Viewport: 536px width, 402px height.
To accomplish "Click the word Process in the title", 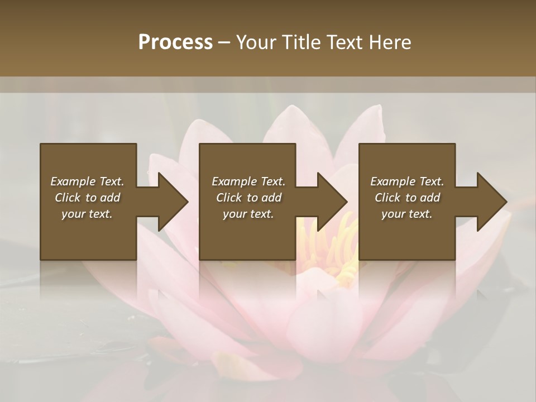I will (175, 42).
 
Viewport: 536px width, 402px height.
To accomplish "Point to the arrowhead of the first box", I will (172, 202).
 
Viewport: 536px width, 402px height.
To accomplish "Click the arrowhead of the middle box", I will (331, 202).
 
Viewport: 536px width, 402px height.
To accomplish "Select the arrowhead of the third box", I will (491, 202).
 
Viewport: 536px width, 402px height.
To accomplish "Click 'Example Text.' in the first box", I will (87, 181).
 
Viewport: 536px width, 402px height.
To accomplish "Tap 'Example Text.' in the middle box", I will (248, 181).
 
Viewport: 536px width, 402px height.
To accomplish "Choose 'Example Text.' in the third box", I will (407, 181).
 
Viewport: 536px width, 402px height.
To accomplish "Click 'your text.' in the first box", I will (87, 214).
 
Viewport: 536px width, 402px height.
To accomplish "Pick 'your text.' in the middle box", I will (248, 214).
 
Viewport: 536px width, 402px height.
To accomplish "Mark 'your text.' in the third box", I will (407, 214).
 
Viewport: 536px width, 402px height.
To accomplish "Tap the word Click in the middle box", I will (229, 198).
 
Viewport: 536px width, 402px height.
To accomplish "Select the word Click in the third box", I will (387, 198).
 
